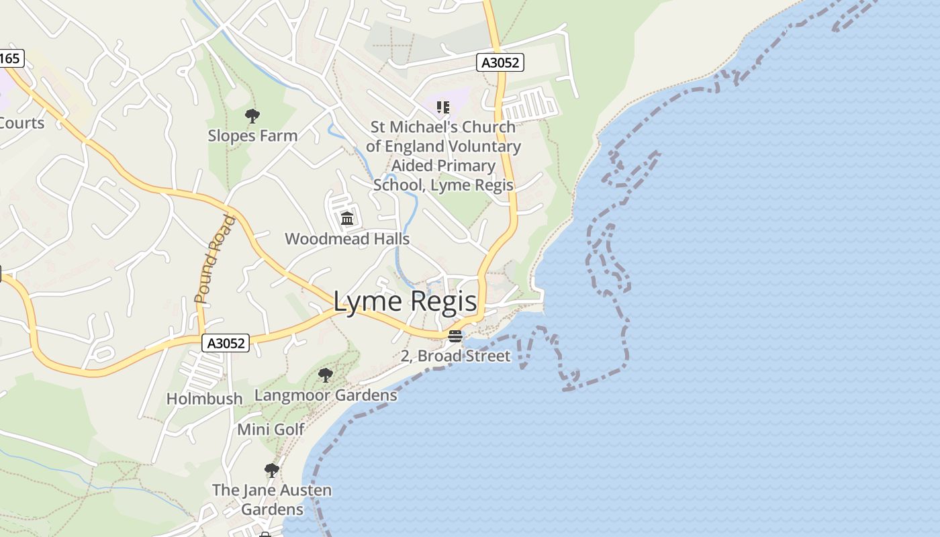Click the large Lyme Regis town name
405,302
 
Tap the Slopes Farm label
252,136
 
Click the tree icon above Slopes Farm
252,116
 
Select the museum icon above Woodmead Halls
347,218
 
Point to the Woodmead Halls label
347,239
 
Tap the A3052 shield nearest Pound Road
226,343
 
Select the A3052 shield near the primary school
500,63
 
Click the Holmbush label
204,399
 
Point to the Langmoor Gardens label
326,395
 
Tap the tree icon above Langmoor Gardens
326,375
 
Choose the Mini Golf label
271,430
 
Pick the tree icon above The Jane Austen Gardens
271,470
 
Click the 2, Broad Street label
455,356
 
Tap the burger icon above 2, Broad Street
455,336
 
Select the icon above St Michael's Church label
442,107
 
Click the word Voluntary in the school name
487,146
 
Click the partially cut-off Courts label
21,124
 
